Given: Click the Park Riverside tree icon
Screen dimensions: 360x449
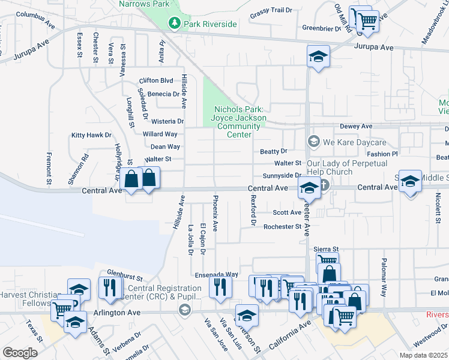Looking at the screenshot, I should (175, 23).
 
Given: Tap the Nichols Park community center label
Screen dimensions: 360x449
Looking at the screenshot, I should (238, 122).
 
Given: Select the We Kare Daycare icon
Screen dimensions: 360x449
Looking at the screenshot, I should (313, 142).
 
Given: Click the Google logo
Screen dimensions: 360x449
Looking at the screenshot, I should (20, 353).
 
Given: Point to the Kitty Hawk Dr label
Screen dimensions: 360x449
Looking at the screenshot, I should (91, 136).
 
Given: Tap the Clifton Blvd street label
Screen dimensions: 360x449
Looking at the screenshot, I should (155, 80).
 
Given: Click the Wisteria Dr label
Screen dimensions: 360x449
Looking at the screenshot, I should (167, 121).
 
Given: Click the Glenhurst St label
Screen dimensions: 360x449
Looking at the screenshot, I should (125, 275).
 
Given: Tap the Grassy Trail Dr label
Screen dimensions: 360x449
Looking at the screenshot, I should (271, 11).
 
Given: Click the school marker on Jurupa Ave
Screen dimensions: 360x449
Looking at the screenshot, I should (318, 57).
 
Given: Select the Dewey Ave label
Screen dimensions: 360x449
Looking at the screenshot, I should (356, 127).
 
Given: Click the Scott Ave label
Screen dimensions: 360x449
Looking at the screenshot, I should (287, 212).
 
